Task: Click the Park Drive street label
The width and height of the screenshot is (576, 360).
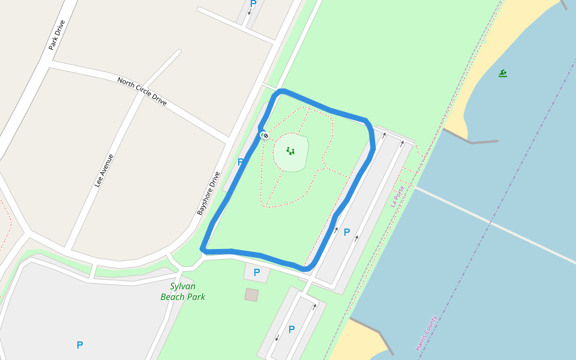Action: coord(57,35)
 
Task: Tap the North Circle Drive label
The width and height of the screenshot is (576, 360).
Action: coord(142,91)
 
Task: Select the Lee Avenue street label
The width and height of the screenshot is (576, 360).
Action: coord(104,170)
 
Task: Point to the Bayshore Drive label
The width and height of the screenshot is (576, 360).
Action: coord(209,193)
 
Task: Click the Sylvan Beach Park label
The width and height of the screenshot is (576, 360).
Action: coord(183,292)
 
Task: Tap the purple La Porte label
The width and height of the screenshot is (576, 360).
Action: coord(398,196)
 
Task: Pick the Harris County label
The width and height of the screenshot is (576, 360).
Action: coord(426,333)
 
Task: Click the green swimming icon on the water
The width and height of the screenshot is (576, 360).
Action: coord(503,74)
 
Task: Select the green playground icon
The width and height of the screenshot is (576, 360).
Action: coord(290,151)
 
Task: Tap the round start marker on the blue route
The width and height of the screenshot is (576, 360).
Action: coord(265,136)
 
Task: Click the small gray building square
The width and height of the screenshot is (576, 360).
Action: coord(252,295)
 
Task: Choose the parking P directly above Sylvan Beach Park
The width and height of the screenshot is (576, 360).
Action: coord(257,272)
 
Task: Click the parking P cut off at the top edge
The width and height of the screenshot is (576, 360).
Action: coord(253,4)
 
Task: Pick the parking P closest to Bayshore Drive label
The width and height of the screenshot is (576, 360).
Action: coord(241,162)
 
